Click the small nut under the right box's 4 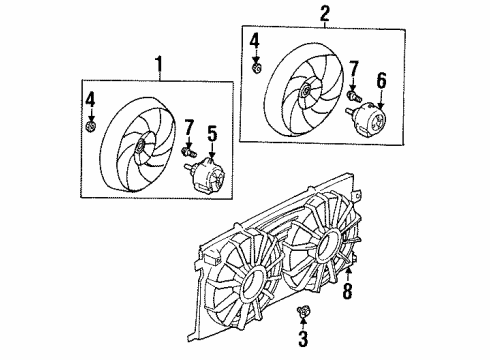(258, 68)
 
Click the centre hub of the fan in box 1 (141, 148)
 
